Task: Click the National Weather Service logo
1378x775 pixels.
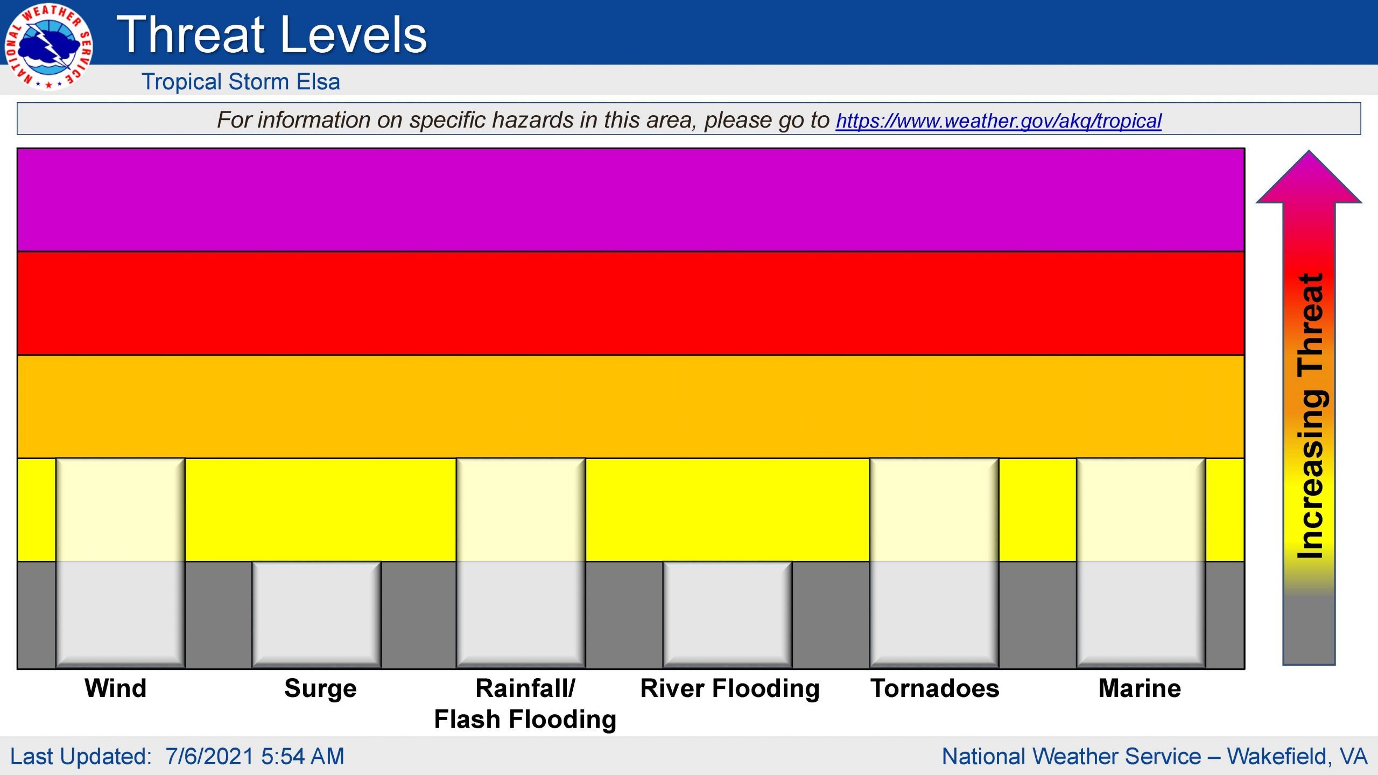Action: point(48,47)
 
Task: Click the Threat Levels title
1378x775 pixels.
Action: point(272,34)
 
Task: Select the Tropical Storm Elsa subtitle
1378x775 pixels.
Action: point(241,82)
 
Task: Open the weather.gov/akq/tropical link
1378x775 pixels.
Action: point(999,121)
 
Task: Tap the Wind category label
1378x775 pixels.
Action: point(116,688)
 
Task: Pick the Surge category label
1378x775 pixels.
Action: point(320,689)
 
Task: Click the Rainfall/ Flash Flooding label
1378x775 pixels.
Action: point(525,704)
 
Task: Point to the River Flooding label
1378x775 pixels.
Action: point(730,689)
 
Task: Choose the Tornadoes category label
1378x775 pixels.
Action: point(934,688)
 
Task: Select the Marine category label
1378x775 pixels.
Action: point(1140,688)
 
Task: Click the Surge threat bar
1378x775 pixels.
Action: point(317,615)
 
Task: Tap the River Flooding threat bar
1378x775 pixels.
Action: point(727,615)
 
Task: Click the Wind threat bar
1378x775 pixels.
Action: point(121,563)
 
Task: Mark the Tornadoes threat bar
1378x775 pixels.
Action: point(934,563)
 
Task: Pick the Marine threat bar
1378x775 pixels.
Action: point(1141,563)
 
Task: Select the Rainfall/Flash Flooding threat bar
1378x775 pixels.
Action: point(521,563)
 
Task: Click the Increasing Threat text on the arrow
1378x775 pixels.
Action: point(1311,415)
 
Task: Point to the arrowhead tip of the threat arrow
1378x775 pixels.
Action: point(1309,151)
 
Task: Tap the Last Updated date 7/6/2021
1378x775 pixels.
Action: point(209,756)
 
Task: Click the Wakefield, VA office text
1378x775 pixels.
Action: point(1297,757)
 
